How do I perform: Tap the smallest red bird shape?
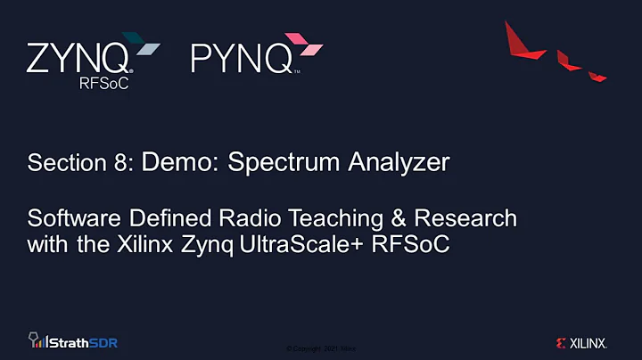[x=597, y=77]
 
